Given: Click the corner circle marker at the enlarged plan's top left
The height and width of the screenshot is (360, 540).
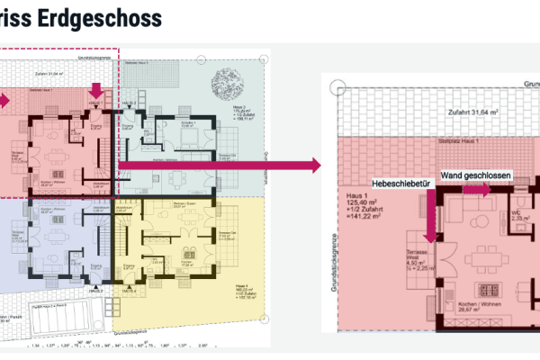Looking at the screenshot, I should click(337, 87).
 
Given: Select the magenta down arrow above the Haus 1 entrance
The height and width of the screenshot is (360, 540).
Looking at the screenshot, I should click(95, 90).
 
